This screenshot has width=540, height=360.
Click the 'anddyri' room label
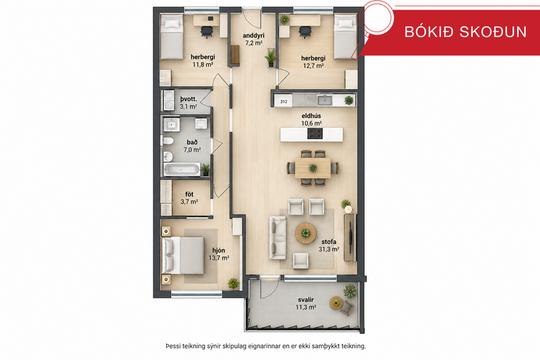[x=253, y=36]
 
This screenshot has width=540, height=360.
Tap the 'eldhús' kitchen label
[x=311, y=115]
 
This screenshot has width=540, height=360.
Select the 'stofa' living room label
[x=329, y=242]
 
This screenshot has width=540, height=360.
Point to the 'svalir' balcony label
[x=306, y=300]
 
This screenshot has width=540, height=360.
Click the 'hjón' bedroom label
[x=219, y=251]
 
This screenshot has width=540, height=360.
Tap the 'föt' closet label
[x=189, y=194]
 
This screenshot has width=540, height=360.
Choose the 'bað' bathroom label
[x=192, y=142]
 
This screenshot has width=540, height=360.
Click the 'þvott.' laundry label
[x=188, y=99]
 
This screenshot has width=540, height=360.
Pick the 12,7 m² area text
[x=313, y=65]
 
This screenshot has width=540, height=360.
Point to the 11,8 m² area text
[x=203, y=64]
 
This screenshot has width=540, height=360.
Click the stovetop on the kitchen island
[x=315, y=134]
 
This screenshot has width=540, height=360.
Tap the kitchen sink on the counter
[x=325, y=100]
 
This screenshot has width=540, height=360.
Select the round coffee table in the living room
[x=306, y=233]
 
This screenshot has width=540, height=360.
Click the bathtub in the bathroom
[x=181, y=170]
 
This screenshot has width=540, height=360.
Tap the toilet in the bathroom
[x=168, y=141]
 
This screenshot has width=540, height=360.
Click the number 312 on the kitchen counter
[x=284, y=102]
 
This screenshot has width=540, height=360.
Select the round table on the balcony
[x=337, y=303]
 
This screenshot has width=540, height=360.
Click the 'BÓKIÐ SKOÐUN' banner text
[x=465, y=32]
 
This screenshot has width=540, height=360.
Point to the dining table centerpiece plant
[x=313, y=168]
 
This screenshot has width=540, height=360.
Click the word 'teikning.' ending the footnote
[x=354, y=346]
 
